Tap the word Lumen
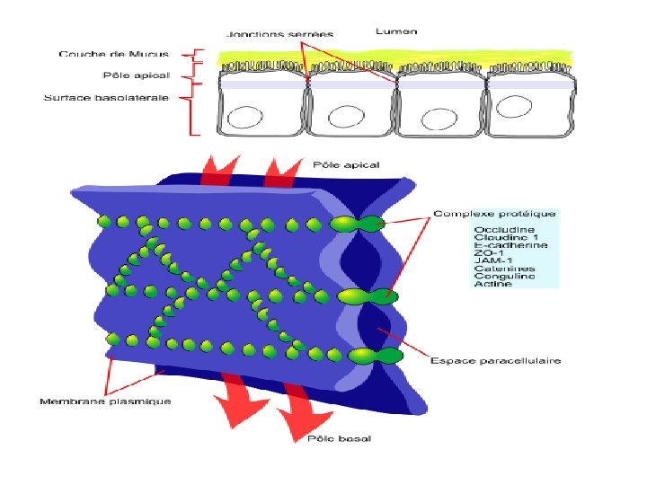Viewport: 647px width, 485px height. [396, 31]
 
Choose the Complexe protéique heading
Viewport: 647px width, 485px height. [494, 214]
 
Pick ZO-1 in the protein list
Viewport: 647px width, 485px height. [487, 253]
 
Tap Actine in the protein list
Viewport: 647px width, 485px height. [493, 284]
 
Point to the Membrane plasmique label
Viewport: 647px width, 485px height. [105, 401]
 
